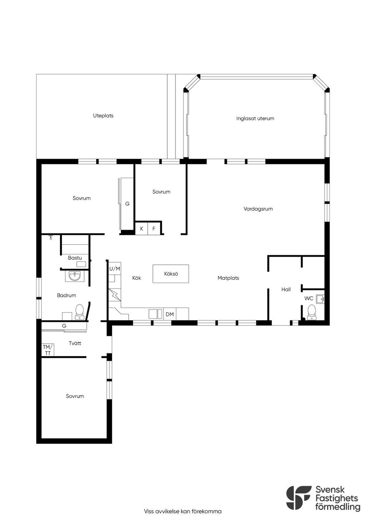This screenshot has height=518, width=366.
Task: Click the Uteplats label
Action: click(x=103, y=116)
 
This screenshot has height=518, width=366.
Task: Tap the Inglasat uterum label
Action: click(x=255, y=118)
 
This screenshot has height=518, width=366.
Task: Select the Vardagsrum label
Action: click(x=258, y=209)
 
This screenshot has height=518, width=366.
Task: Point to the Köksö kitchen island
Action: click(x=171, y=274)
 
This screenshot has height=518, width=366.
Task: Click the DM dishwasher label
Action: click(x=170, y=314)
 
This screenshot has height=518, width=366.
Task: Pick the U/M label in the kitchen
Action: click(x=115, y=269)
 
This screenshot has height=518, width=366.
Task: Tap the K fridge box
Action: click(x=142, y=229)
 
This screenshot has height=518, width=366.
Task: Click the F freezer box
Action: click(x=154, y=229)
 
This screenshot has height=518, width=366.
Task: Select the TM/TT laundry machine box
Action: click(x=48, y=350)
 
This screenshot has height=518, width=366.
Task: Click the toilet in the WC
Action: click(x=311, y=312)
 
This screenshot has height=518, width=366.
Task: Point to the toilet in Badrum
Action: click(x=79, y=312)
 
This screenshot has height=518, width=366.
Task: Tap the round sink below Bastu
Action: click(x=75, y=276)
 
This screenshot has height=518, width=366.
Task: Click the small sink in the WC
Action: click(x=321, y=299)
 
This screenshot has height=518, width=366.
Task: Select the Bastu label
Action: click(x=75, y=258)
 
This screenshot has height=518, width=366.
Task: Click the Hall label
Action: click(x=286, y=289)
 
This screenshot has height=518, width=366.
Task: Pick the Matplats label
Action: click(x=228, y=278)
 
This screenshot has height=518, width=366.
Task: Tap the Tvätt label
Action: click(x=75, y=343)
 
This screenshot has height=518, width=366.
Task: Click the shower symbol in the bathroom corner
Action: click(x=51, y=237)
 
